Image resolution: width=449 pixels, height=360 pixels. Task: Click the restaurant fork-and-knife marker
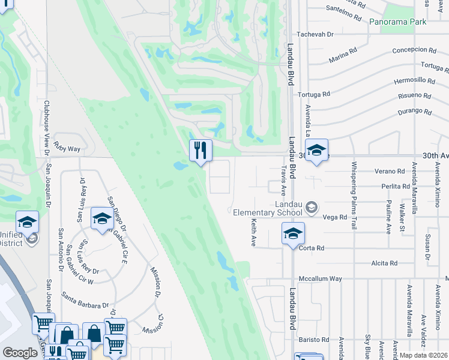(x=200, y=150)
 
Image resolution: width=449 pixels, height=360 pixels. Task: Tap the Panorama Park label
(x=397, y=22)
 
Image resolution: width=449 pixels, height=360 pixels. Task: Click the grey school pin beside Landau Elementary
(x=311, y=208)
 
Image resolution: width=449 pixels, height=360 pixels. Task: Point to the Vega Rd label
(x=335, y=217)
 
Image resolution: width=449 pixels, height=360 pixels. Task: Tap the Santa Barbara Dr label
(x=84, y=305)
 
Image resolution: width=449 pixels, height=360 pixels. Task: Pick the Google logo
(x=20, y=353)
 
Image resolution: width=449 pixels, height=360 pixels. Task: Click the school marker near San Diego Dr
(x=102, y=218)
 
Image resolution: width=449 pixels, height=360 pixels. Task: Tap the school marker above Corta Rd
(x=293, y=233)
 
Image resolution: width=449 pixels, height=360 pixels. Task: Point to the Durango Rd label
(x=414, y=112)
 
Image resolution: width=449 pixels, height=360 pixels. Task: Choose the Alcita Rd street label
(x=385, y=263)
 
